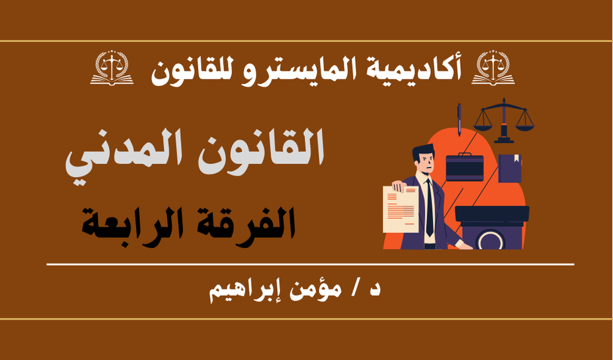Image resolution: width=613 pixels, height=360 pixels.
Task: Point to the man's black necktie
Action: [x=429, y=208]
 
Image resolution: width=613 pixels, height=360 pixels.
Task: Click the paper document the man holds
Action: [x=401, y=209]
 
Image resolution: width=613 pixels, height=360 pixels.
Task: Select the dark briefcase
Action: [x=465, y=167]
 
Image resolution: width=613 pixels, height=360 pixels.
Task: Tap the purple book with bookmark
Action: [x=510, y=168]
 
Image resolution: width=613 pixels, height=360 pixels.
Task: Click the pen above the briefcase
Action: [x=459, y=120]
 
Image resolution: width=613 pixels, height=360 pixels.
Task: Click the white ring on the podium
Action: [x=489, y=240]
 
